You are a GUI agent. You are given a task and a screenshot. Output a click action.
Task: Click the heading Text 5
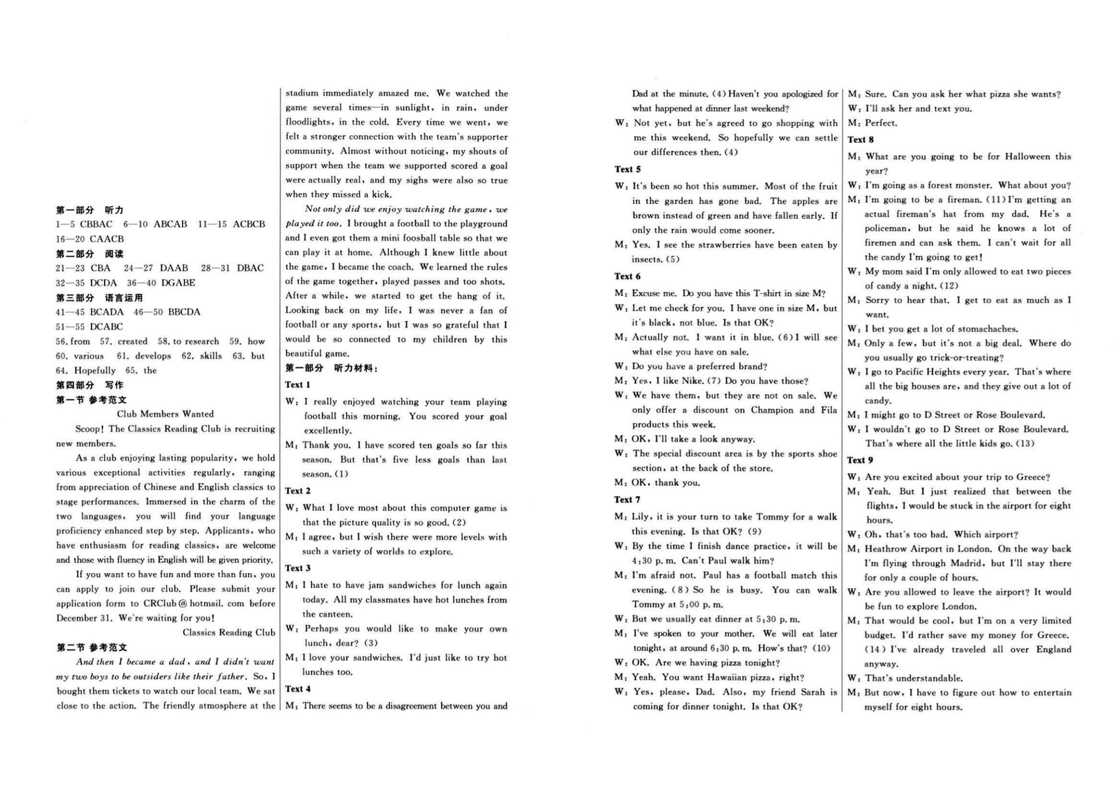[627, 169]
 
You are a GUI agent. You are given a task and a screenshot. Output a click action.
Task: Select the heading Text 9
[861, 460]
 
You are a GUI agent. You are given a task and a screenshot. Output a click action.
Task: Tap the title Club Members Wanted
[165, 414]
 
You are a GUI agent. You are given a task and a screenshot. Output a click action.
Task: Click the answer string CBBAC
[96, 224]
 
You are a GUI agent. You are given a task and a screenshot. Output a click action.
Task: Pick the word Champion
[772, 410]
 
